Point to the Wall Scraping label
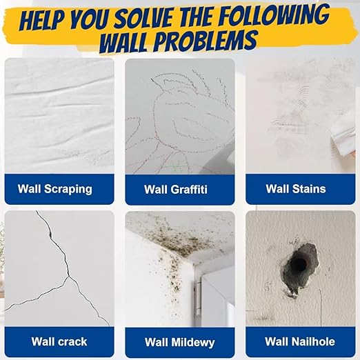(55, 189)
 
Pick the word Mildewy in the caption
(193, 342)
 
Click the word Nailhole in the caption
(313, 341)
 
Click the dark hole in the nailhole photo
(299, 263)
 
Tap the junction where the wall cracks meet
(68, 276)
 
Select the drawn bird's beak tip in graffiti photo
(152, 79)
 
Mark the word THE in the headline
(197, 18)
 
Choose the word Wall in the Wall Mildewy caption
(156, 342)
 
